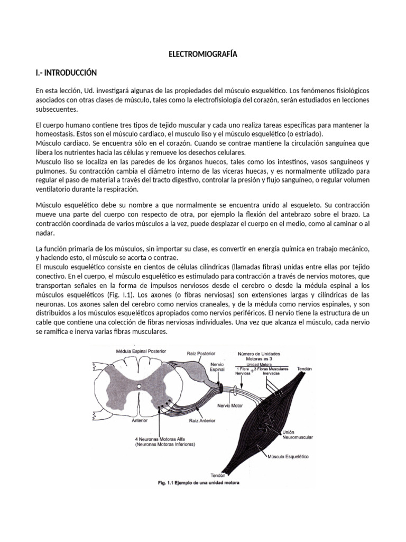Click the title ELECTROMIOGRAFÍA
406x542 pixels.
(203, 54)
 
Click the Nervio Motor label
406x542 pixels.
(231, 406)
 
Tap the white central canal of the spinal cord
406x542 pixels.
(139, 387)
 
